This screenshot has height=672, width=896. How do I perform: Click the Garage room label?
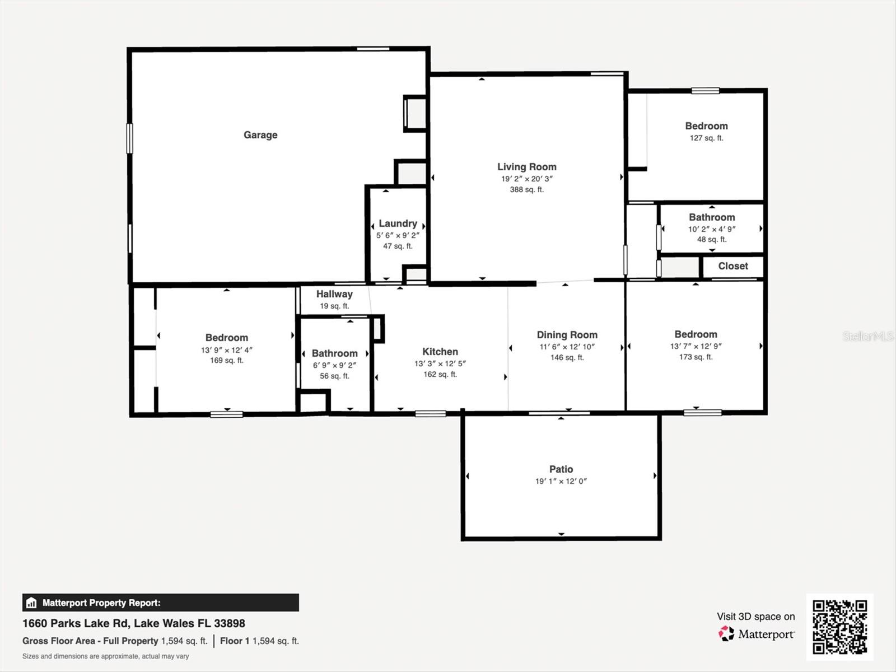point(260,135)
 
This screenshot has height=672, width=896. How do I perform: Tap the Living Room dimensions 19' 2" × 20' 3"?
point(526,179)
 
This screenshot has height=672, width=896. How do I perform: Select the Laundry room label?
point(398,223)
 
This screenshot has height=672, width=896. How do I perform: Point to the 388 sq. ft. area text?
point(526,190)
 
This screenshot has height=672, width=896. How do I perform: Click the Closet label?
point(732,266)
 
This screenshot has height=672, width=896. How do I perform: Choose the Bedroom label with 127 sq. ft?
point(706,126)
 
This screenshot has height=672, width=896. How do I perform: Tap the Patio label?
point(561,469)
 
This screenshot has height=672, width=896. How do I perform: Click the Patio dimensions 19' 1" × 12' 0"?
point(561,481)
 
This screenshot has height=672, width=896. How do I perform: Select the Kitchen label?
point(440,352)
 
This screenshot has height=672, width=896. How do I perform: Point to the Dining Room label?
point(567,335)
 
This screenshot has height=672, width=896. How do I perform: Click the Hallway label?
point(334,294)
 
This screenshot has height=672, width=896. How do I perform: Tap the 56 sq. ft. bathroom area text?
point(334,376)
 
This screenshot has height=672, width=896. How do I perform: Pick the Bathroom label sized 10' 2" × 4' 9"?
point(712,217)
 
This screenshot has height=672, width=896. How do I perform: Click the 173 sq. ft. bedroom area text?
point(696,357)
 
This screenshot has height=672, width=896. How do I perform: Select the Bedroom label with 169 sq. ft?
point(226,338)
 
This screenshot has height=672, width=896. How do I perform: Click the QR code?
point(839,627)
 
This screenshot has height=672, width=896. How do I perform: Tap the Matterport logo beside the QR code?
point(756,634)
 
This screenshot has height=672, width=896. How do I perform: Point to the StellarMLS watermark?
point(868,337)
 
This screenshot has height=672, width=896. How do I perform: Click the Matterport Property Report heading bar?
point(160,603)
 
